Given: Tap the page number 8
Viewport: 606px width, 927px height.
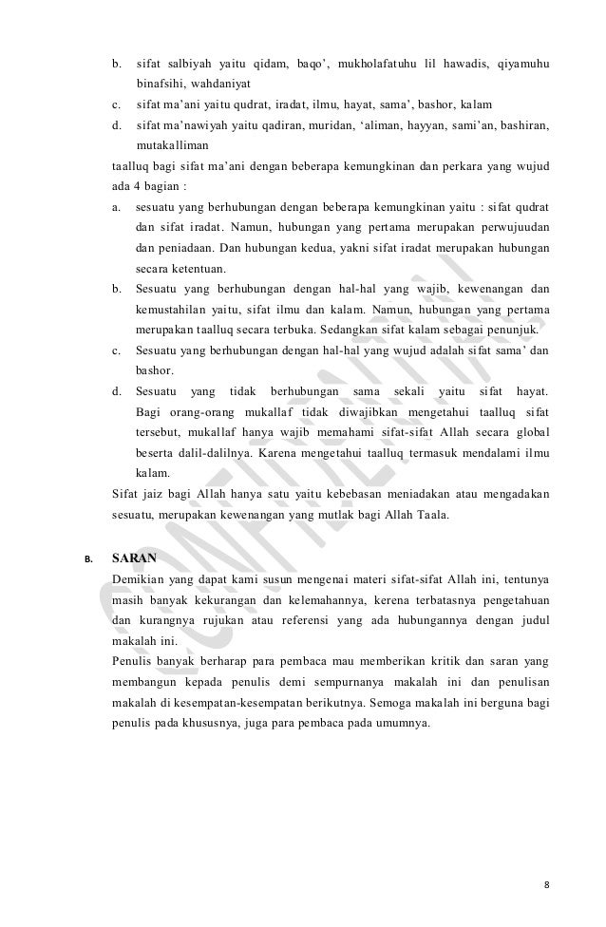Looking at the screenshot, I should [546, 884].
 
